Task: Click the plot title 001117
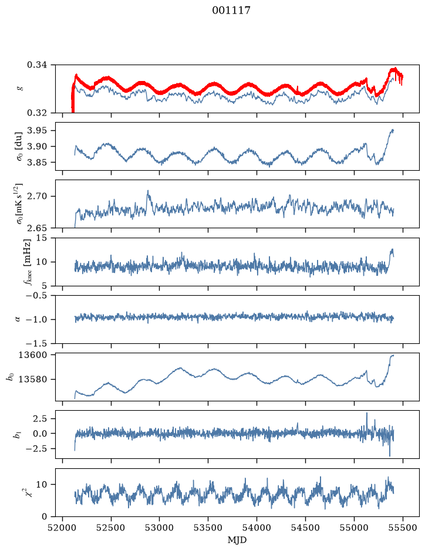click(x=231, y=11)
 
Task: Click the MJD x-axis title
click(x=237, y=540)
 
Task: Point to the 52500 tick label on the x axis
click(x=111, y=528)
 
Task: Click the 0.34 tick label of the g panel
click(x=37, y=65)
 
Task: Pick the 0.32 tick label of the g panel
click(x=37, y=113)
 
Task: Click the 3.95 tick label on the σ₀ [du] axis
click(x=37, y=131)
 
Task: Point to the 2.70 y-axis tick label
click(x=37, y=196)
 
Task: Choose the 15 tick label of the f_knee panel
click(x=42, y=238)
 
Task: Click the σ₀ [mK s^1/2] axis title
click(x=19, y=204)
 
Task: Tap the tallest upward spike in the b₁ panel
click(x=367, y=414)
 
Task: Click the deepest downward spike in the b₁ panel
click(x=390, y=455)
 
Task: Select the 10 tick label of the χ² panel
click(x=42, y=485)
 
